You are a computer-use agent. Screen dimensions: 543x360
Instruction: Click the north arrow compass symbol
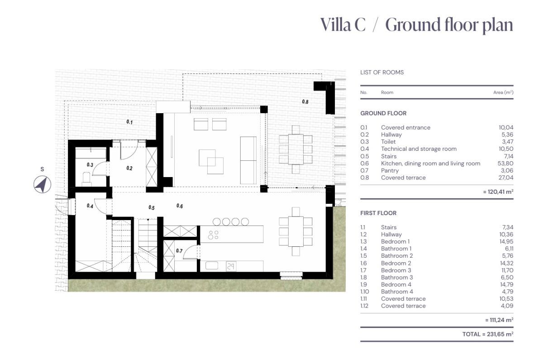pos(42,184)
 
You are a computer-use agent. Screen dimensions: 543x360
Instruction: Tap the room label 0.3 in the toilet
pos(90,165)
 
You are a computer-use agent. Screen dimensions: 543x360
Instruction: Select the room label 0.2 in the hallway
pos(129,168)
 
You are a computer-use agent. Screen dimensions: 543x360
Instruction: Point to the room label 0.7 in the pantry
pos(179,251)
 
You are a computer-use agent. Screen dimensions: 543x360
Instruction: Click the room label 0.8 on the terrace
pos(305,102)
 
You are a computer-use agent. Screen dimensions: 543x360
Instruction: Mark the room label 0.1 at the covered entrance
pos(130,122)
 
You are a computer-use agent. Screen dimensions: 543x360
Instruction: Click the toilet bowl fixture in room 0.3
pos(87,178)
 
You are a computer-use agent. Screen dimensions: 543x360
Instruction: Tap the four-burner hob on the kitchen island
pos(213,235)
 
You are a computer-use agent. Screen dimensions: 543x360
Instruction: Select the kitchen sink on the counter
pos(212,266)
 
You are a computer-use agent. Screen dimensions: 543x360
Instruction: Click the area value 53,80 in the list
pos(505,163)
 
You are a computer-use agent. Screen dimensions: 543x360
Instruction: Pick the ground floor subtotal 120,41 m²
pos(498,192)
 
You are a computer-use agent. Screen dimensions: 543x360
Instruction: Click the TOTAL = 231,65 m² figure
pos(488,334)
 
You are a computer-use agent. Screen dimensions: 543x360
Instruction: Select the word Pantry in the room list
pos(390,171)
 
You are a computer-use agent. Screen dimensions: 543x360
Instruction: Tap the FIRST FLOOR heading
pos(378,213)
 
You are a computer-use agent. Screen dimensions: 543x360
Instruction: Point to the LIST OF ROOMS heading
pos(382,72)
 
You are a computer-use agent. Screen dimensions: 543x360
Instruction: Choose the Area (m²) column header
pos(503,92)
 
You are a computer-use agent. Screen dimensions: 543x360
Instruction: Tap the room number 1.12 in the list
pos(364,306)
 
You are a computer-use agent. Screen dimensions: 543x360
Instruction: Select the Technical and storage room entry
pos(419,149)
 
